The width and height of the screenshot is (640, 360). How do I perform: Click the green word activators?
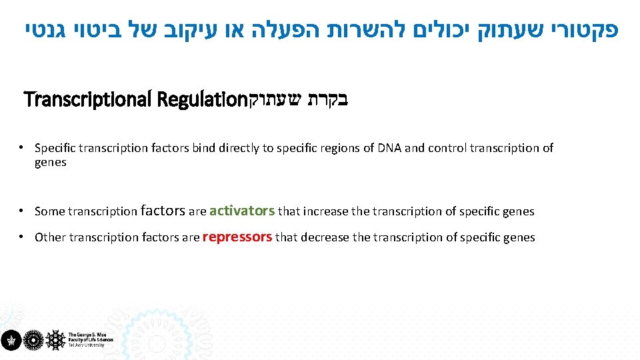242,211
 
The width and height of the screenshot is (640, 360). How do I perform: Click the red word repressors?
237,237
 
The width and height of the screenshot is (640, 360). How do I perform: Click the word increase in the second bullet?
326,212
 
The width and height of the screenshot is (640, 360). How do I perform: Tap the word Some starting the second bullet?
50,212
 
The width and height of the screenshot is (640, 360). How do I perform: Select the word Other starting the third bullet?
51,237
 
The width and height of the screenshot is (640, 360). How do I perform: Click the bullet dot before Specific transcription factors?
22,147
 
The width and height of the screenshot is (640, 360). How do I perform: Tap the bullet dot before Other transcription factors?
22,237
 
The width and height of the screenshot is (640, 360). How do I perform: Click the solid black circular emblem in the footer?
10,340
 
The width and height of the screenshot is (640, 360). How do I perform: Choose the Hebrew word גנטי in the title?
43,31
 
